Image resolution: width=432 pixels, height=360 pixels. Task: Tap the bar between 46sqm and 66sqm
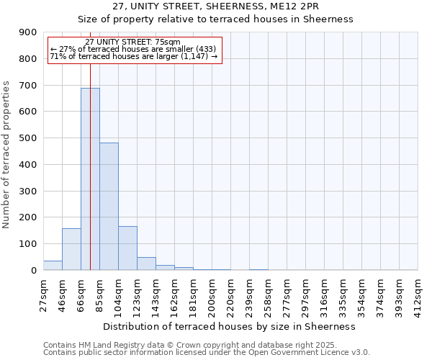tap(71, 249)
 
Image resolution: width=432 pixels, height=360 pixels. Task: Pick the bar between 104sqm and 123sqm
tap(127, 248)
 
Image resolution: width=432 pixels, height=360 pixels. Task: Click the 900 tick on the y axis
tap(27, 32)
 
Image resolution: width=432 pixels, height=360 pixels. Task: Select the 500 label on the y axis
tap(27, 138)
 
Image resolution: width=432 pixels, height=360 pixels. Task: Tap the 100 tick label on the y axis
tap(27, 244)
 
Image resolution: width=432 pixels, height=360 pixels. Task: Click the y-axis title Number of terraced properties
tap(6, 155)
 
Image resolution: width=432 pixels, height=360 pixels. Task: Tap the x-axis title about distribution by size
tap(230, 326)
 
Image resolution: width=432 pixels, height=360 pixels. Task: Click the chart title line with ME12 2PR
tap(215, 6)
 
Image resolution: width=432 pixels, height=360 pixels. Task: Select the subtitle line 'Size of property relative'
tap(215, 19)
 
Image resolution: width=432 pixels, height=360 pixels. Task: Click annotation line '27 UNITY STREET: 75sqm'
tap(133, 42)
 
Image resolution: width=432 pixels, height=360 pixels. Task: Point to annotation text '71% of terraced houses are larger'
tap(133, 56)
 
